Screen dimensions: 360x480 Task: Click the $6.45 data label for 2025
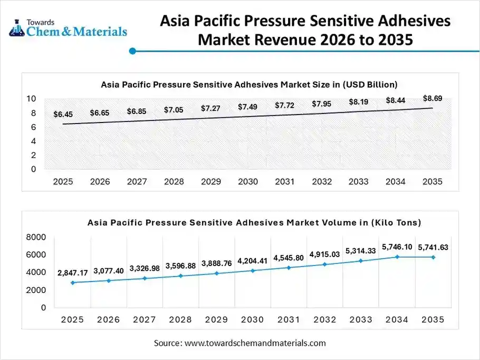point(63,114)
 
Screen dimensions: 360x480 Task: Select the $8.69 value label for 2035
point(433,98)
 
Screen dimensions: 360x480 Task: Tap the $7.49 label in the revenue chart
point(247,107)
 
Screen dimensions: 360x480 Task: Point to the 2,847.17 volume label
point(72,272)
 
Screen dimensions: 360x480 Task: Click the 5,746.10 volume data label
point(397,246)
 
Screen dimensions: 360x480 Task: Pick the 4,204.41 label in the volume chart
point(253,260)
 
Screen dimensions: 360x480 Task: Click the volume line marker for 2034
point(397,257)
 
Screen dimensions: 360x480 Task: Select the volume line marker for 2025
point(72,282)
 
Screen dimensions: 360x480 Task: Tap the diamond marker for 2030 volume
point(253,270)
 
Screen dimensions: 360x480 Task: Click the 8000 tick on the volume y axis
point(36,238)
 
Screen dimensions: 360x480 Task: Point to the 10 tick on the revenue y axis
point(31,99)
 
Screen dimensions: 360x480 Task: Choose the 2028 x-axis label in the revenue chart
point(174,182)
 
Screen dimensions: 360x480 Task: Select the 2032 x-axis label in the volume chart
point(325,319)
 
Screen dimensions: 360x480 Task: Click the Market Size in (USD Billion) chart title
point(249,84)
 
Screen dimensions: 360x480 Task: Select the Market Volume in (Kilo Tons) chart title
point(254,223)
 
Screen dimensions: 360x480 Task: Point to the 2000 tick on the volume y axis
point(36,290)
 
